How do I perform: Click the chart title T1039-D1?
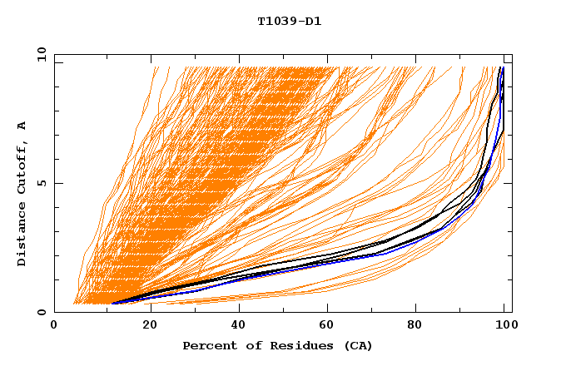click(289, 21)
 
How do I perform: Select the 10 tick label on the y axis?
click(40, 54)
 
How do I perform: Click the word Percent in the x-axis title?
click(208, 345)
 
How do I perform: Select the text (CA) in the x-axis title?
click(359, 345)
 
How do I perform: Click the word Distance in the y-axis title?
click(22, 235)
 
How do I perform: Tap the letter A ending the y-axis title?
click(22, 126)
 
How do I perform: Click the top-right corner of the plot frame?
click(511, 54)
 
